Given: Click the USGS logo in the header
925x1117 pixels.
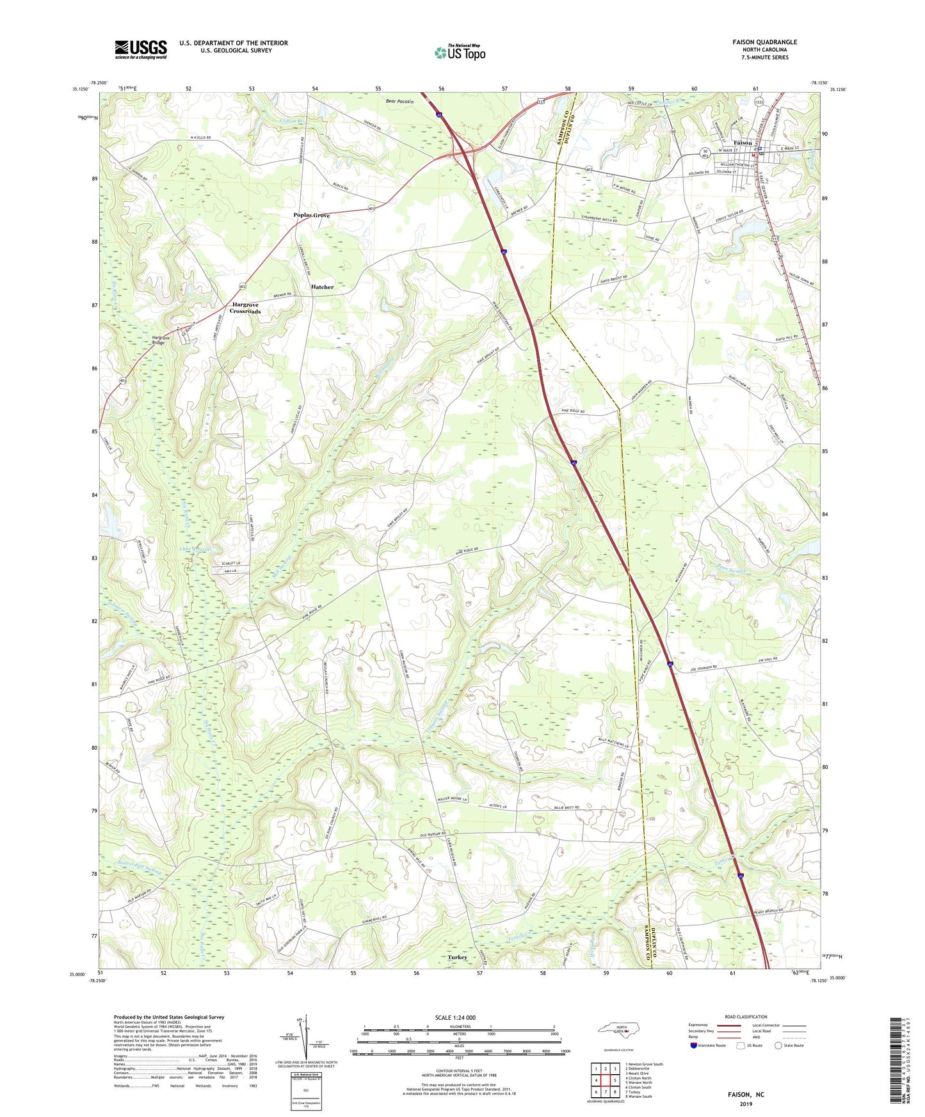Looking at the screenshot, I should [141, 49].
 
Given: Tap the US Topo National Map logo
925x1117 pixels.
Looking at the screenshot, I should [459, 52].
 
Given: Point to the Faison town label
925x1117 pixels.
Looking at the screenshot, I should [743, 143].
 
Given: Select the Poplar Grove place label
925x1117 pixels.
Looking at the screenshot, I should [312, 216].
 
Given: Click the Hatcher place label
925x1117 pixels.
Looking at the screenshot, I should [322, 287].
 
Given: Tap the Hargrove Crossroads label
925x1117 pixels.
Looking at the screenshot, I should [246, 308].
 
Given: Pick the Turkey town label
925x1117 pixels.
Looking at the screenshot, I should [457, 957].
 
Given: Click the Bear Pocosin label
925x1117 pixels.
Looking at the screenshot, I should [400, 102].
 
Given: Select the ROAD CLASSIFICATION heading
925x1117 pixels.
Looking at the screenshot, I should [746, 1017].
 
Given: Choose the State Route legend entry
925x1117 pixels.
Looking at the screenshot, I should [789, 1045].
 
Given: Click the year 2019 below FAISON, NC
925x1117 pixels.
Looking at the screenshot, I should [746, 1104].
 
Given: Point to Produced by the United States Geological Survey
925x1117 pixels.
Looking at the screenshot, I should [169, 1017].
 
